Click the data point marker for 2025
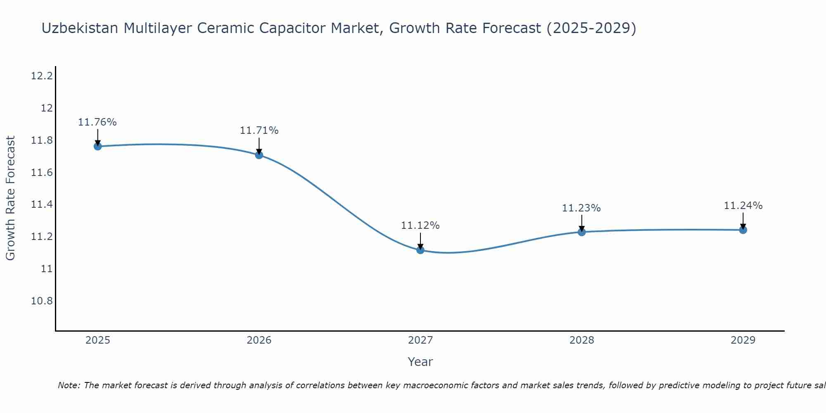click(97, 146)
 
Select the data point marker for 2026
click(259, 155)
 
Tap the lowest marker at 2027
click(420, 250)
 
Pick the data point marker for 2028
click(582, 232)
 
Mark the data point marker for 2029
click(743, 230)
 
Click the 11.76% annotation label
click(97, 122)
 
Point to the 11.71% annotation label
click(259, 131)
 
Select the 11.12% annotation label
click(420, 225)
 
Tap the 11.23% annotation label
click(581, 208)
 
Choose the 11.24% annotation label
click(743, 206)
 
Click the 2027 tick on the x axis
click(420, 340)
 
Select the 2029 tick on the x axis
click(743, 340)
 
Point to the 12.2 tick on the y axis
click(42, 76)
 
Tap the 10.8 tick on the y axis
click(42, 301)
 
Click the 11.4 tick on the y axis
click(42, 204)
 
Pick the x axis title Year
click(420, 362)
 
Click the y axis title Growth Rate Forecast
click(10, 198)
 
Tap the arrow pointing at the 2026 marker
click(259, 145)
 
